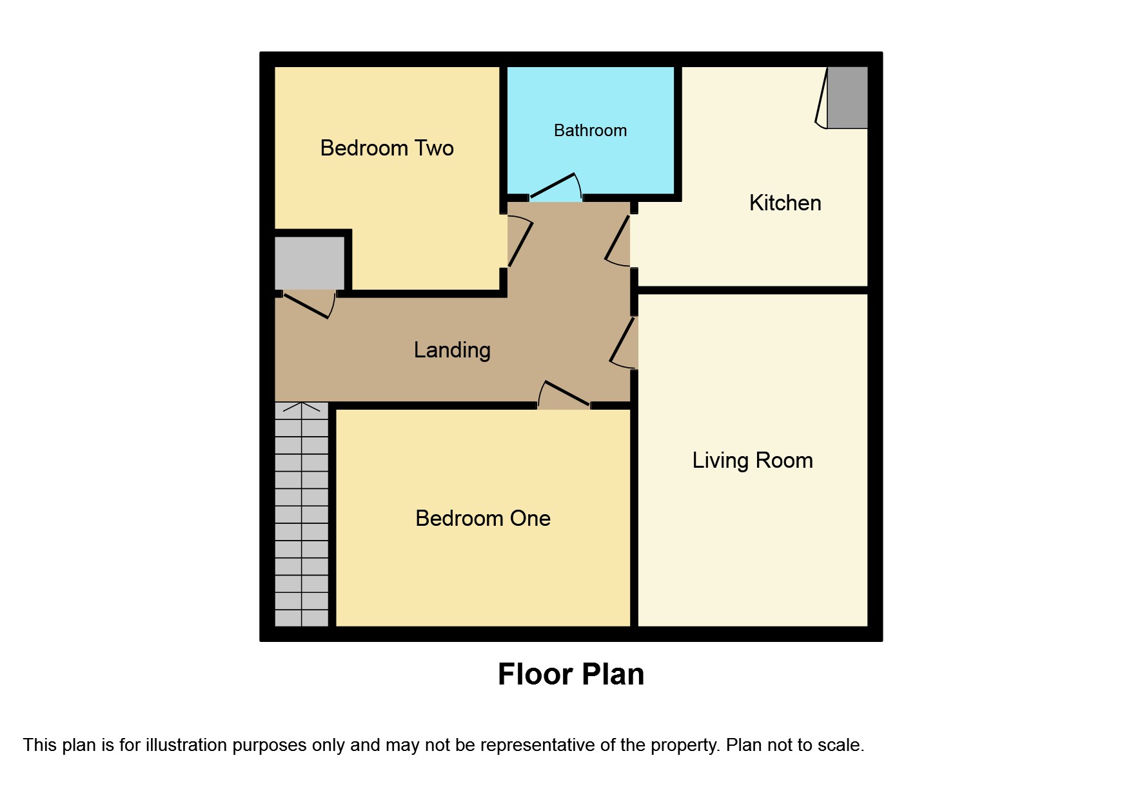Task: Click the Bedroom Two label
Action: [387, 148]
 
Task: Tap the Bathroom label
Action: [590, 130]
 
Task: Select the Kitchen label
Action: [785, 203]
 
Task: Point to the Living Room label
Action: [752, 461]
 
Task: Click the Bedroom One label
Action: [483, 519]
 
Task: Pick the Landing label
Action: [452, 350]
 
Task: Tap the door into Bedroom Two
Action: [520, 242]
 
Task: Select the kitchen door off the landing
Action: [618, 240]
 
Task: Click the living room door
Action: [623, 342]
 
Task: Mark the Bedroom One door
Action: [564, 394]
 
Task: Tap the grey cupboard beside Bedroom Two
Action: [310, 263]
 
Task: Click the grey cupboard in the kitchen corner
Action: [847, 97]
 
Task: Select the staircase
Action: [301, 516]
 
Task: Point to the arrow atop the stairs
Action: [301, 407]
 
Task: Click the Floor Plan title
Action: [571, 674]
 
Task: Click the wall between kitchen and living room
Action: [752, 290]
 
